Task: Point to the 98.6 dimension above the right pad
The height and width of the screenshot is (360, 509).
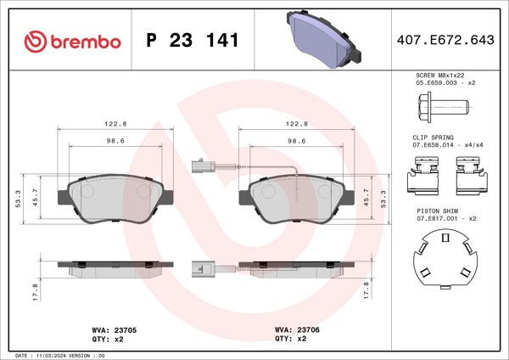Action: (x=297, y=143)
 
